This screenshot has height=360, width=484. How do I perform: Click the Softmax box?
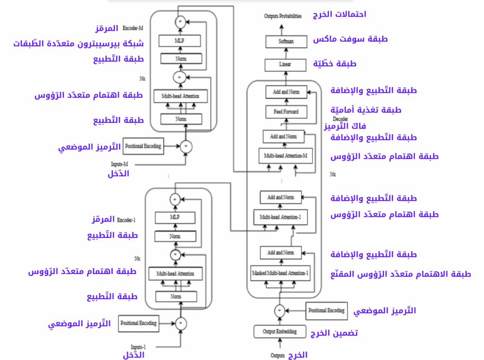(x=285, y=42)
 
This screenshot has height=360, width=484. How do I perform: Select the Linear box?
(x=285, y=64)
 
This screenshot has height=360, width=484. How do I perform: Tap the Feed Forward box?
(x=286, y=112)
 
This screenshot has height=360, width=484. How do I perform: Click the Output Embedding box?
(x=280, y=332)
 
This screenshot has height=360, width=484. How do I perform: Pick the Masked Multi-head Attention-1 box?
(x=281, y=273)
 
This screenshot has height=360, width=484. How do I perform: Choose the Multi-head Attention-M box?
(x=286, y=155)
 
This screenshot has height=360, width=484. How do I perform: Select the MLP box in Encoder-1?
(x=175, y=218)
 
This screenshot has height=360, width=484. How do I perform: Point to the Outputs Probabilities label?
(x=283, y=16)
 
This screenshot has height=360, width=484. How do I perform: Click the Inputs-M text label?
(x=120, y=164)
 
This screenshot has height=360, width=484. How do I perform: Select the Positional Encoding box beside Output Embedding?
(x=326, y=310)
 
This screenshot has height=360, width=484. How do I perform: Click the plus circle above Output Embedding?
(x=279, y=310)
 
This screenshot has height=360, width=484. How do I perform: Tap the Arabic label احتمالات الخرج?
(x=339, y=14)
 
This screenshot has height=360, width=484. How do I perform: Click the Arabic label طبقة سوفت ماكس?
(x=350, y=39)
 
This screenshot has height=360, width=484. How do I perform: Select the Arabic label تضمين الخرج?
(x=334, y=333)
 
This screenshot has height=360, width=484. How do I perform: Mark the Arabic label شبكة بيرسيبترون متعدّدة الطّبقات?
(x=78, y=44)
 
